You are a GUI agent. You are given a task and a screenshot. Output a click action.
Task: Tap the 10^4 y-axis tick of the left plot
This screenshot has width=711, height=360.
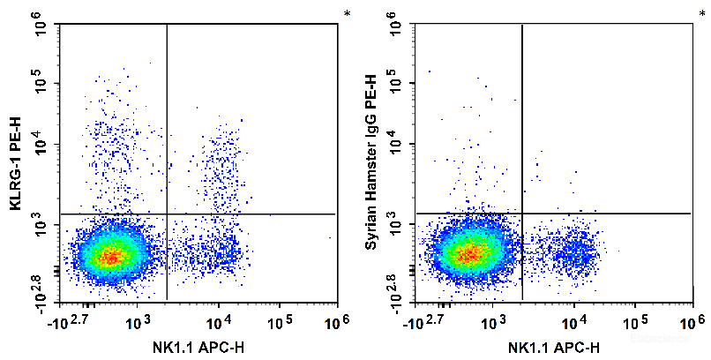41,145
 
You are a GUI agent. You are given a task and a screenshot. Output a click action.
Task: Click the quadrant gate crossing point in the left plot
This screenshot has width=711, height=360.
167,214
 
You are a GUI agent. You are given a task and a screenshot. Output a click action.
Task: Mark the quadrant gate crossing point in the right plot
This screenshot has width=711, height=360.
522,213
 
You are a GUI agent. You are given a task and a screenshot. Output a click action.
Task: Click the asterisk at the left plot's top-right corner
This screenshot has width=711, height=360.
347,13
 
